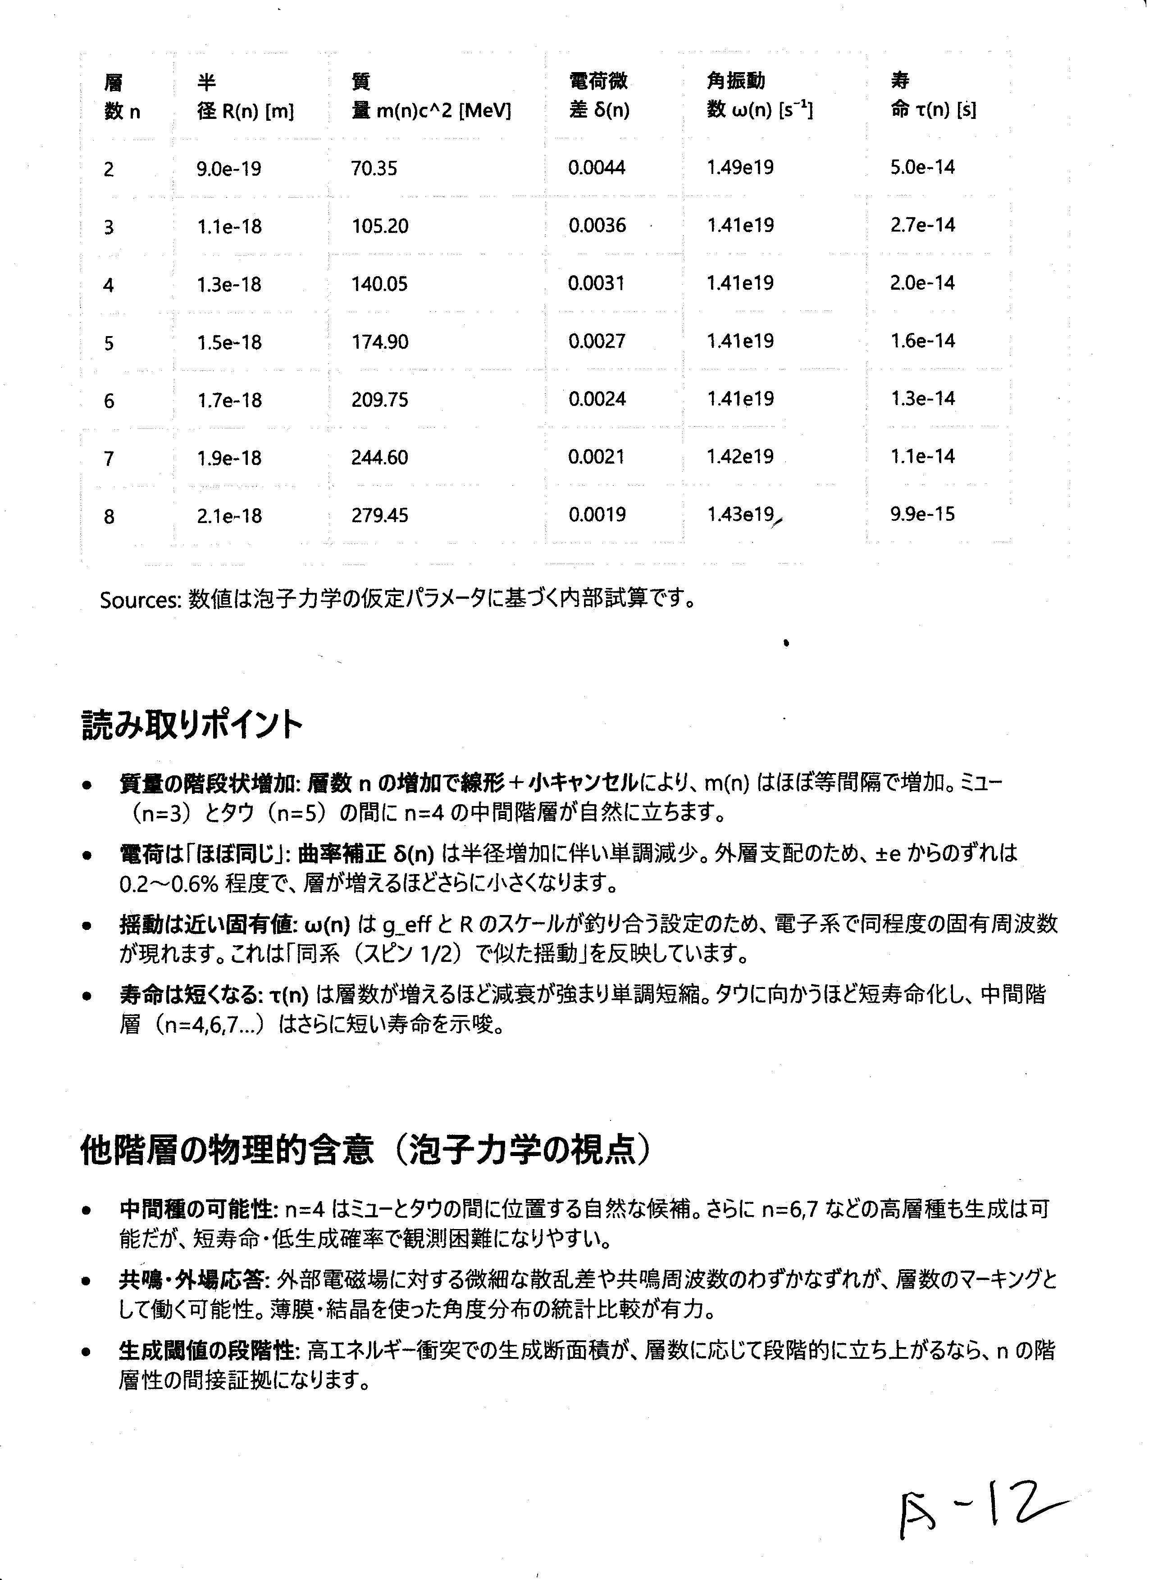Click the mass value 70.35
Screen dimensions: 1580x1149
tap(374, 168)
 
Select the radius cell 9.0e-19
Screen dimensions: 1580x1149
tap(228, 168)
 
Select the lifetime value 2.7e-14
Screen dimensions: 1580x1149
tap(922, 225)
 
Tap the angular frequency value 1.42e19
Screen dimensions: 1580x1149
tap(740, 457)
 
